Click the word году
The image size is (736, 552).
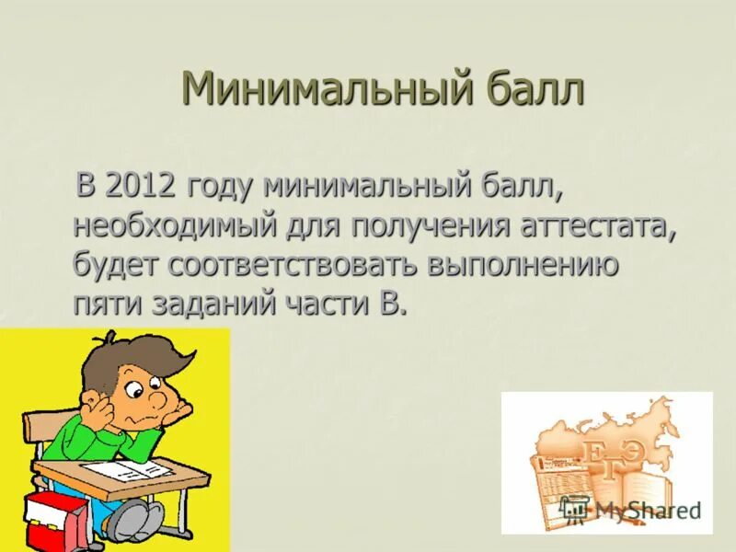coord(221,187)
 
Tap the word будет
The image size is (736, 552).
coord(116,266)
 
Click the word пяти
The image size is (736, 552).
coord(105,305)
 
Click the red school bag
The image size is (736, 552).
coord(51,520)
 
